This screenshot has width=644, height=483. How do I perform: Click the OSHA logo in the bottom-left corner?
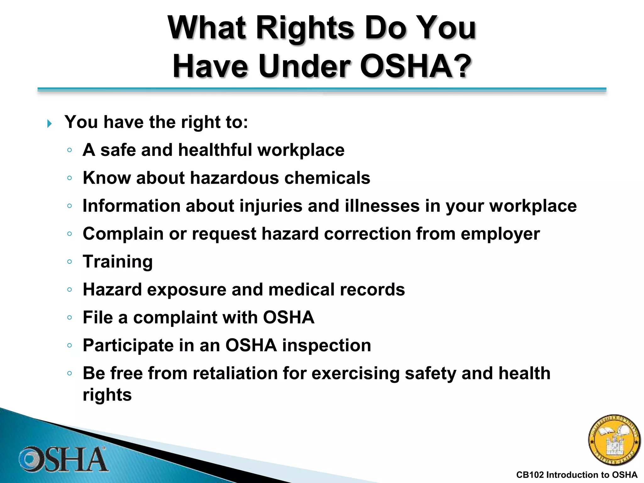63,459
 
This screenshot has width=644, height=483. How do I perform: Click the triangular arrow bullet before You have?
49,124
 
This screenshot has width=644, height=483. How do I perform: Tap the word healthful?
215,150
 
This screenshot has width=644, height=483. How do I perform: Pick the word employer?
500,234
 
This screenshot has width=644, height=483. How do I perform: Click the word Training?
118,262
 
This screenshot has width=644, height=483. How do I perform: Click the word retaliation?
235,373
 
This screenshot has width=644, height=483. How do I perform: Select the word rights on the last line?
107,395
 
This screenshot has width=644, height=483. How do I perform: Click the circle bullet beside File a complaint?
69,318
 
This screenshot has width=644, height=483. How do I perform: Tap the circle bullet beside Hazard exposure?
69,290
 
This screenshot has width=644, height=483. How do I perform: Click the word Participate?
128,345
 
